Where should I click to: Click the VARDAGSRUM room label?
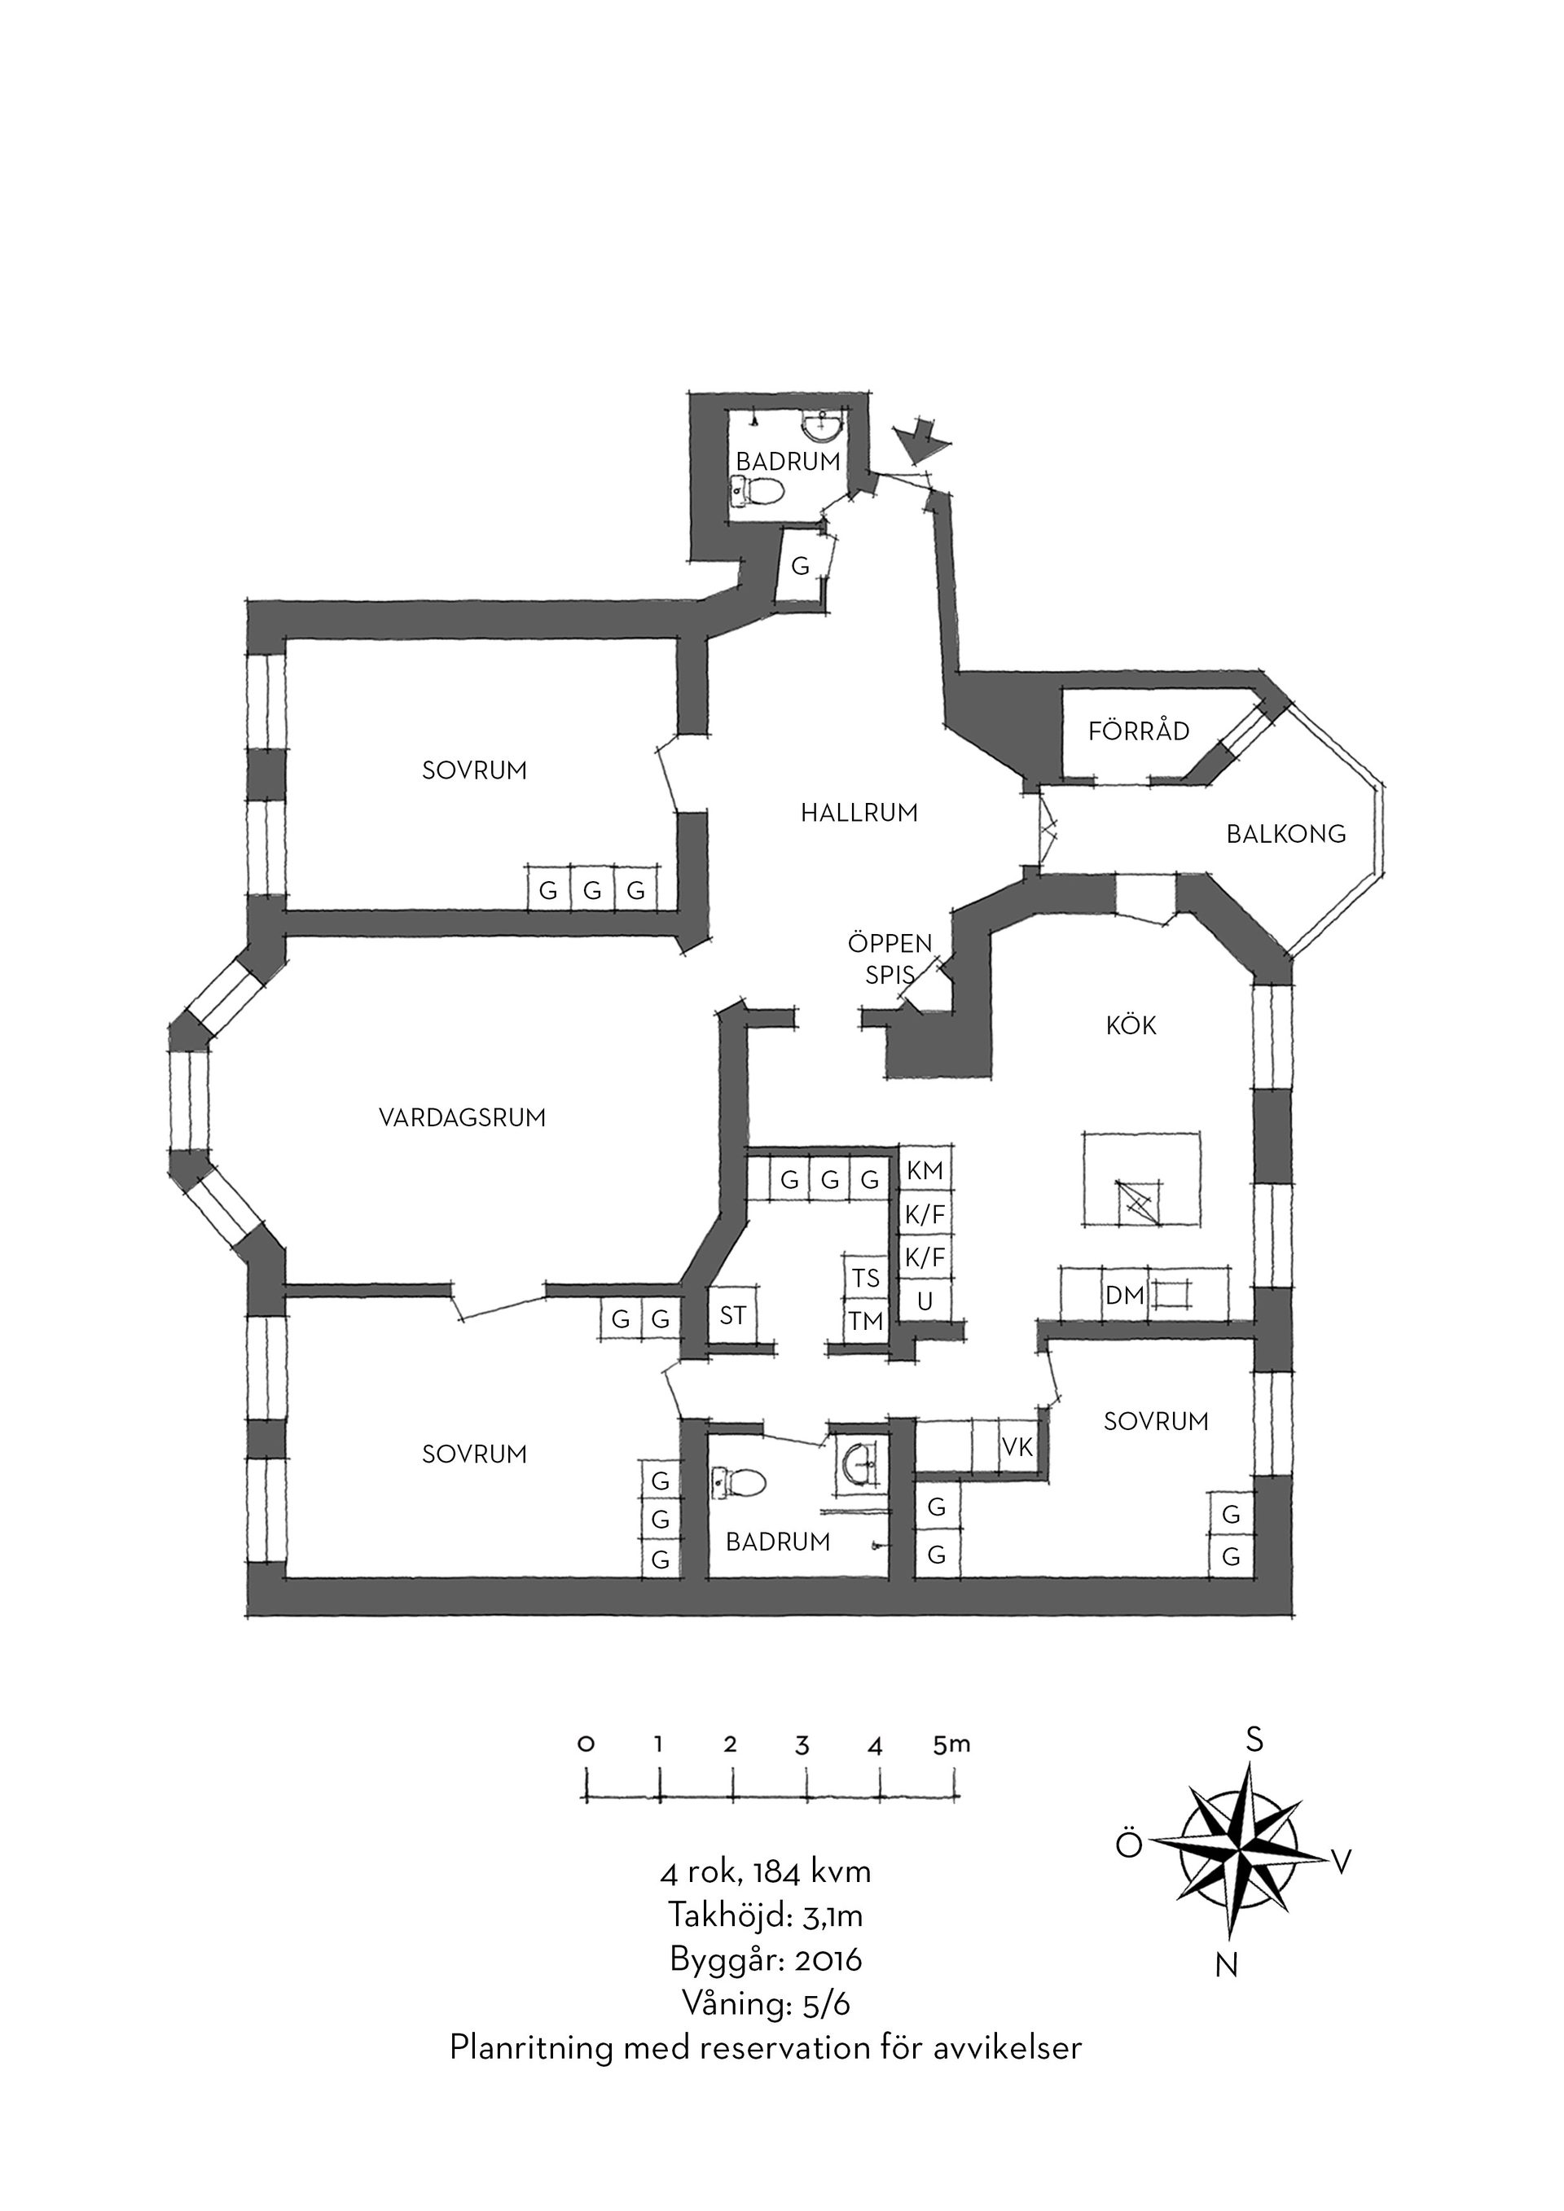462,1118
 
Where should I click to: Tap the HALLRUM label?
859,814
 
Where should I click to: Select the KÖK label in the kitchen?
1131,1024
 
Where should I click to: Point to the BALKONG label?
1285,834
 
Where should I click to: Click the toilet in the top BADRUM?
756,492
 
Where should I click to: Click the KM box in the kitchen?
925,1171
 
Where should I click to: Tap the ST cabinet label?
733,1315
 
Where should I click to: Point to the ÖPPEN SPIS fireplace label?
890,959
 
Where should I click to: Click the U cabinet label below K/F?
925,1302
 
